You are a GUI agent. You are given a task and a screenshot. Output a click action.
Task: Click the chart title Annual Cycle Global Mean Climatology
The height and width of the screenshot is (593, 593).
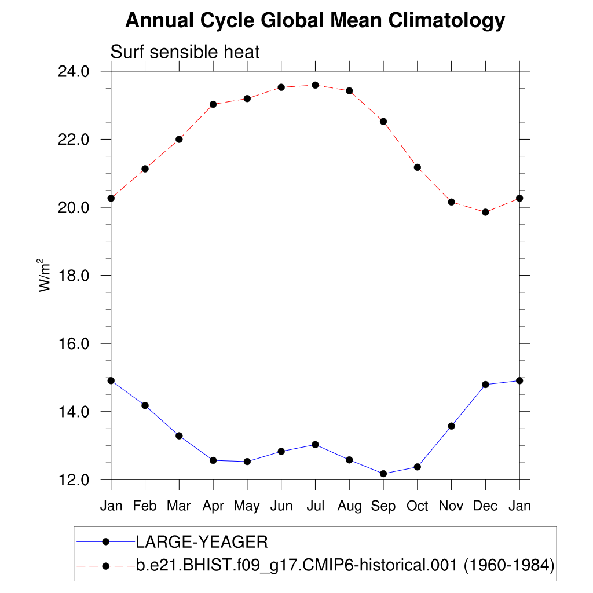pos(315,21)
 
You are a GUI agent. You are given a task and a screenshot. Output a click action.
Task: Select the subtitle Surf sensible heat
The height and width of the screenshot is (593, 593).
pos(185,52)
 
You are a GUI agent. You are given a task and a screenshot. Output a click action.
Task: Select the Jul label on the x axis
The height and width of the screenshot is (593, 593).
pos(315,506)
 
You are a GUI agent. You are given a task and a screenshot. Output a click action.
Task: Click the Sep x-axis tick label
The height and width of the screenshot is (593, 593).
pos(383,506)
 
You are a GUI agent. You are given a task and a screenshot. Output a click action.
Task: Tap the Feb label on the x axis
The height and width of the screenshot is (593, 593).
pos(145,506)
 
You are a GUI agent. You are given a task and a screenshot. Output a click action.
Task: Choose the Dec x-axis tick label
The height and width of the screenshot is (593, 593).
pos(485,506)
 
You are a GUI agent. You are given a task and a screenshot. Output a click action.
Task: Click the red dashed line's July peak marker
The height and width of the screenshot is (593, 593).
pos(315,85)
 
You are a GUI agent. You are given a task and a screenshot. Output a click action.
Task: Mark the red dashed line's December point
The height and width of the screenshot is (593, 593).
pos(485,212)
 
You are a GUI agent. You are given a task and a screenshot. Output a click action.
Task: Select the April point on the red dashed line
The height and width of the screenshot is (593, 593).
pos(213,104)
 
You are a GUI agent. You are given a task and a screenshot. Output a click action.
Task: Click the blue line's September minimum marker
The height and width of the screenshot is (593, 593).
pos(383,474)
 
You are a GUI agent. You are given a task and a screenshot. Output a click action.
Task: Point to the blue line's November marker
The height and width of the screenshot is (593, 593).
pos(452,426)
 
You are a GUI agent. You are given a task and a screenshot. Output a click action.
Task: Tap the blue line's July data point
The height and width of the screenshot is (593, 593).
pos(315,445)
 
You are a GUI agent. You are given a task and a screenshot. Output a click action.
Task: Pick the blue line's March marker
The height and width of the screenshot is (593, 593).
pos(179,435)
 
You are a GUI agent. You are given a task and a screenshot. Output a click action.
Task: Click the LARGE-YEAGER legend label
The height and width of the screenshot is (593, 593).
pos(202,542)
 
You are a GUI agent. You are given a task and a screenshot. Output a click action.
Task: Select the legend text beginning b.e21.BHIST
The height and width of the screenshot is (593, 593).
pos(345,565)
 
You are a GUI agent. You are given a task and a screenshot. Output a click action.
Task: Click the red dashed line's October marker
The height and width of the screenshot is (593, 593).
pos(418,167)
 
